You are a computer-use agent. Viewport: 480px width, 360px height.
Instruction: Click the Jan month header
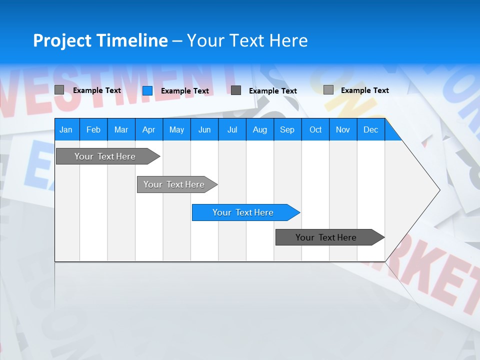[66, 129]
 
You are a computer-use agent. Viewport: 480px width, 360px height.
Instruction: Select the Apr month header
[148, 129]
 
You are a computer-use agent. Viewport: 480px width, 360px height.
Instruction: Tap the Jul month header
[232, 129]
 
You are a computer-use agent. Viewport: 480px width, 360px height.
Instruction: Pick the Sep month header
[287, 129]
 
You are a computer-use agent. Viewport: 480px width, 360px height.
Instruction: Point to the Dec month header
[370, 129]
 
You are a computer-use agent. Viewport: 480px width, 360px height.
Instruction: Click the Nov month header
[342, 129]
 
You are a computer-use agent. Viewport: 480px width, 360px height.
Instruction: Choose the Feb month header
[93, 129]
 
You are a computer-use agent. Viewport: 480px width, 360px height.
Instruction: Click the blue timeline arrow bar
[244, 212]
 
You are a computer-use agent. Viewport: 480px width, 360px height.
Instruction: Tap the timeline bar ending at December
[327, 237]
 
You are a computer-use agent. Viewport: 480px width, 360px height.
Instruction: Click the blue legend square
[147, 90]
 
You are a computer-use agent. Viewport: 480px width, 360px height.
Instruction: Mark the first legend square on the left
[59, 90]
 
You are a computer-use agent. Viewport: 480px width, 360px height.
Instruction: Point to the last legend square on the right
[328, 90]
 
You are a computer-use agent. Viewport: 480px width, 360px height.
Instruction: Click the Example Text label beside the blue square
[185, 91]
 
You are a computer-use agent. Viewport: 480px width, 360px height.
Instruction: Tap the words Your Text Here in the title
[247, 40]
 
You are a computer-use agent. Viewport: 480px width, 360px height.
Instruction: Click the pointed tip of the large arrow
[439, 189]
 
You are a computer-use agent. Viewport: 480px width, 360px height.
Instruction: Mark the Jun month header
[204, 129]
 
